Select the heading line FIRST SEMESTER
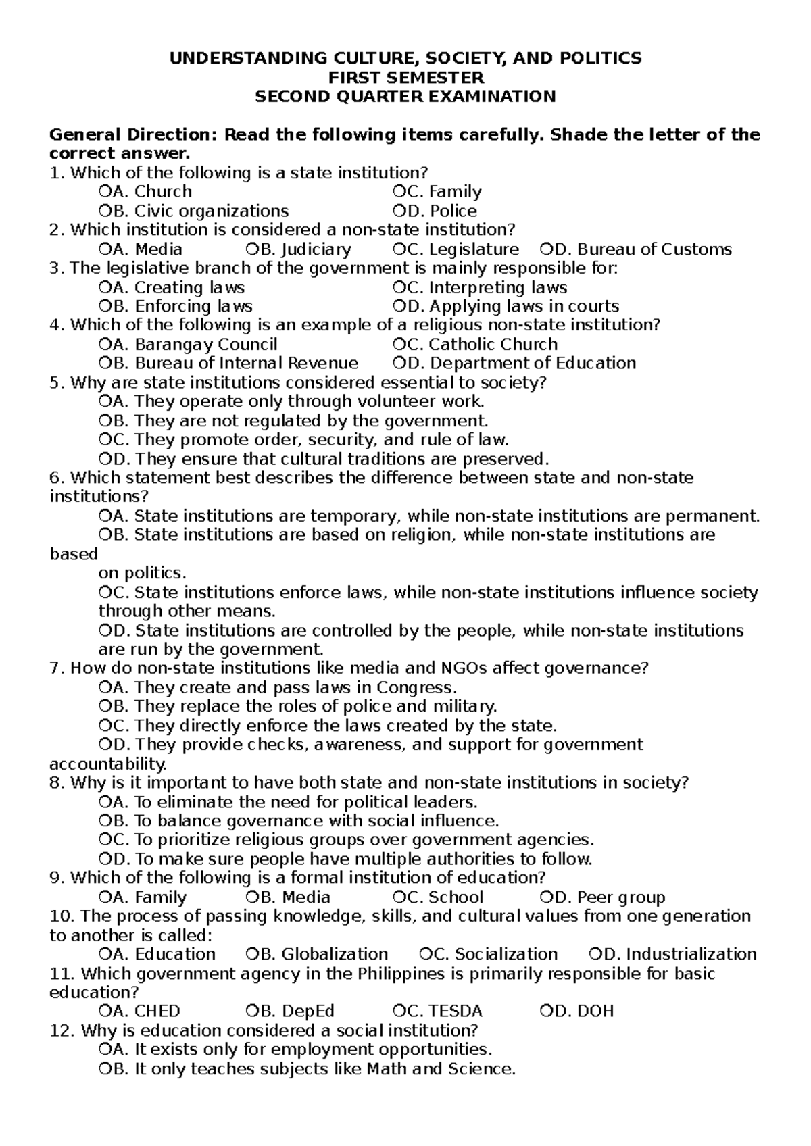405,77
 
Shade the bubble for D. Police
398,211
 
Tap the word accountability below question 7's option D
107,764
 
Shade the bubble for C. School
398,897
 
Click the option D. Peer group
604,897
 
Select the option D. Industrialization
673,954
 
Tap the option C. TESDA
438,1012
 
